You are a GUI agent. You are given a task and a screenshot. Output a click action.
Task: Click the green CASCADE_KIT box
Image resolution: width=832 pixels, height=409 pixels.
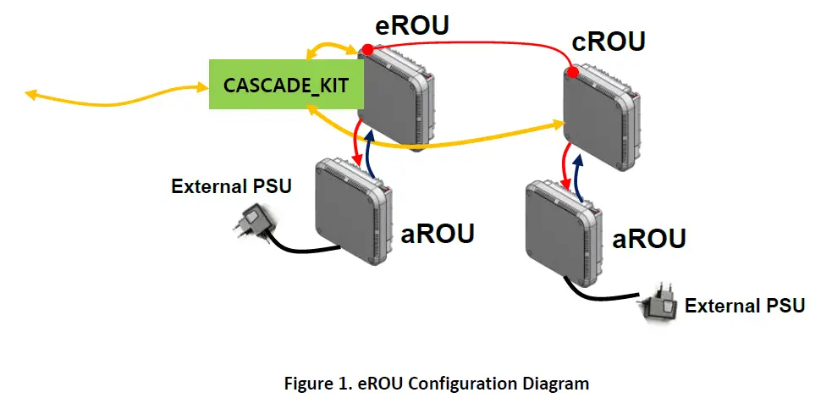click(283, 85)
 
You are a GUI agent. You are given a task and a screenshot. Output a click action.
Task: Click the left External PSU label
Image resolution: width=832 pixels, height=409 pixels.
click(232, 186)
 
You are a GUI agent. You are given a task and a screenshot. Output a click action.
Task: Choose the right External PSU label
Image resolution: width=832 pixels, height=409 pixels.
click(745, 305)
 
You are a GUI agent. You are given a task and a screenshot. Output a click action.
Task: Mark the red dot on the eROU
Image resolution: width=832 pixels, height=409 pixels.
click(367, 50)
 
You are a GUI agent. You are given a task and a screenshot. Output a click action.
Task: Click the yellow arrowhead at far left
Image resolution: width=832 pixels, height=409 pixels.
click(31, 94)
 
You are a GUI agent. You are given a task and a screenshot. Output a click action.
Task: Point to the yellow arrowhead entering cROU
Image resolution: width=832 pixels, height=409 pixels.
click(559, 125)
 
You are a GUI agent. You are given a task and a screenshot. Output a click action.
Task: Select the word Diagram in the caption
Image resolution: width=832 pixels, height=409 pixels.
click(559, 384)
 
